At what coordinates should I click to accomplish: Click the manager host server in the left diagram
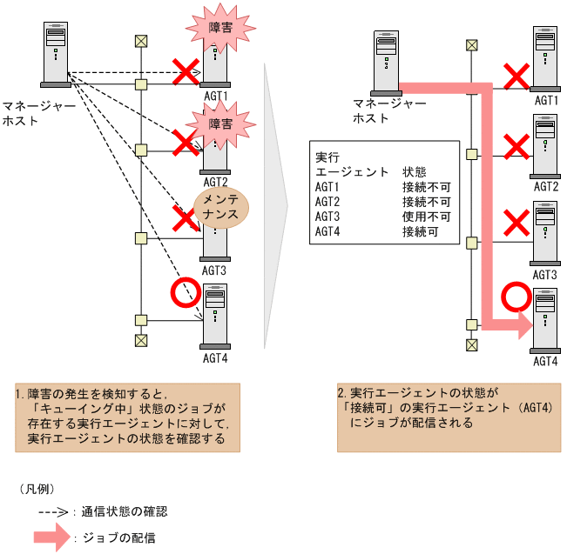tap(56, 55)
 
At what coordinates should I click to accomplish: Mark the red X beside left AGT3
tap(184, 219)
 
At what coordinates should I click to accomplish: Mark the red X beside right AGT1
tap(516, 76)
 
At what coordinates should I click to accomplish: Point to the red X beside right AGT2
tap(516, 147)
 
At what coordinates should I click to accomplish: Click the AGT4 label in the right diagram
tap(545, 361)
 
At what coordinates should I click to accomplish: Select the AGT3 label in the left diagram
tap(214, 270)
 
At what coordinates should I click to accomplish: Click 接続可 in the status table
tap(419, 231)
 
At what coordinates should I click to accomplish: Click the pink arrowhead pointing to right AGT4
tap(522, 326)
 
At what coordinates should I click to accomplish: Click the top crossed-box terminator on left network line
tap(140, 41)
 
